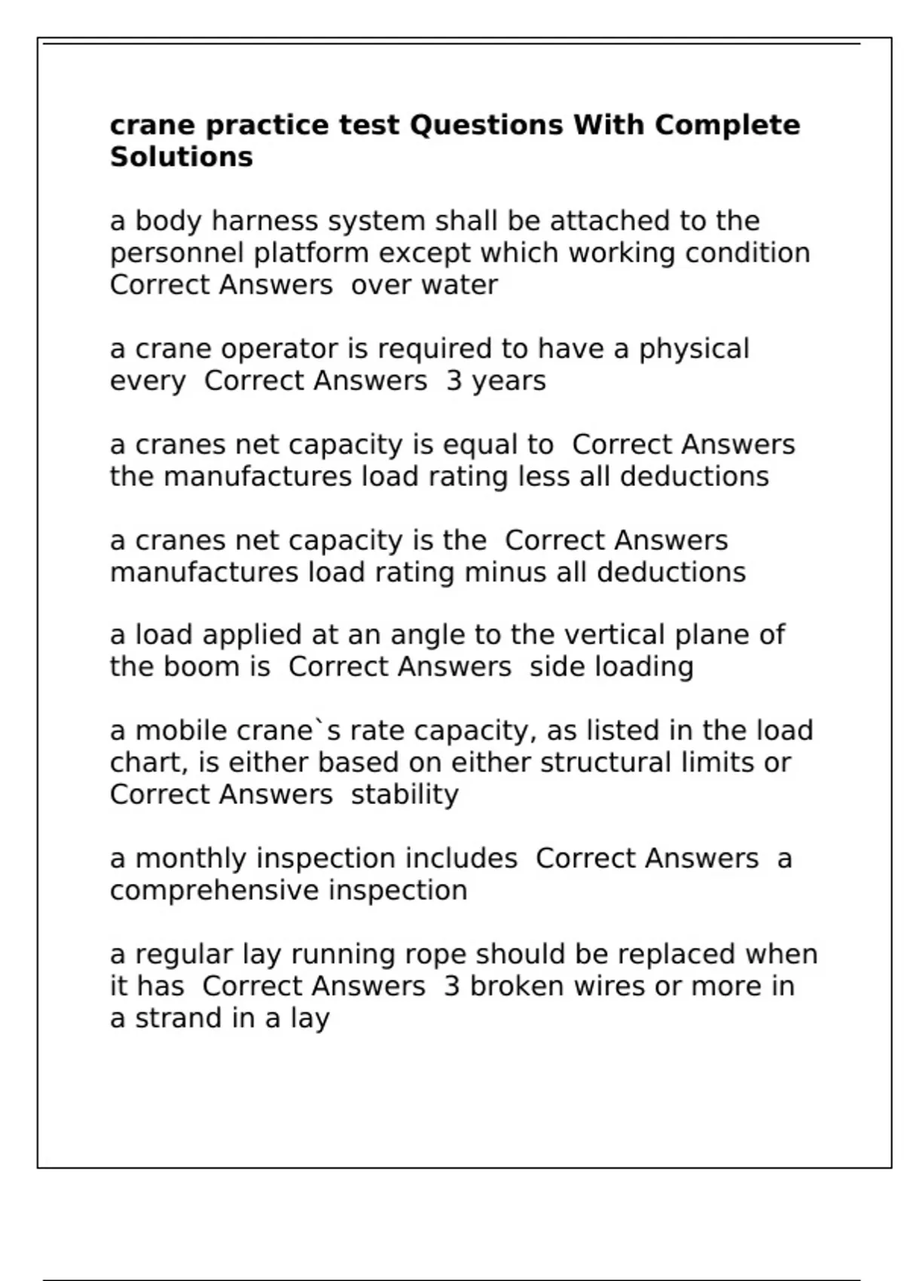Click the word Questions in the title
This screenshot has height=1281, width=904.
486,125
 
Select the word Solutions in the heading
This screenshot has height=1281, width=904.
182,157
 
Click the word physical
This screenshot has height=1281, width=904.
694,350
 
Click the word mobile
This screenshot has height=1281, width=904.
181,731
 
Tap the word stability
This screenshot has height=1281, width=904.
405,795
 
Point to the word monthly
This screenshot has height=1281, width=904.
191,859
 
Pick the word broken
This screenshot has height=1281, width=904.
516,986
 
